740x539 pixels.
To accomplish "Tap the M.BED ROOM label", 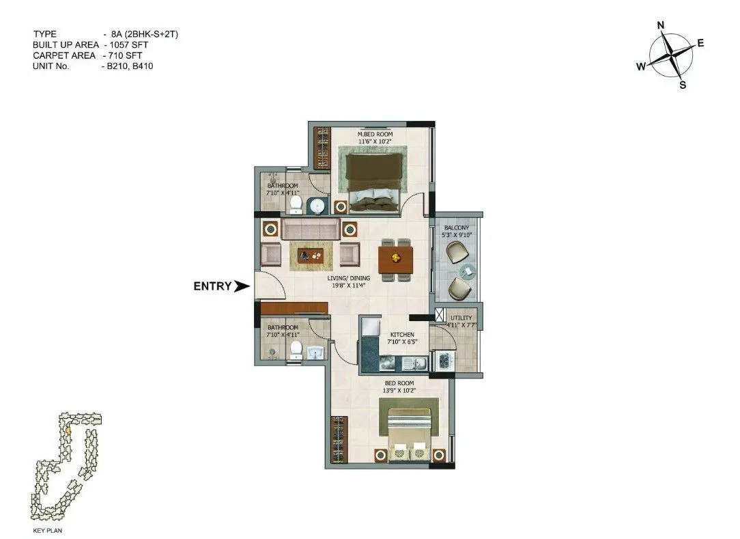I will (x=375, y=135).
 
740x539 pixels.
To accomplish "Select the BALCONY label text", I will (x=457, y=227).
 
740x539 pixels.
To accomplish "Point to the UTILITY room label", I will (x=461, y=318).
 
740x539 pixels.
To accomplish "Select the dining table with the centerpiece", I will (x=395, y=259).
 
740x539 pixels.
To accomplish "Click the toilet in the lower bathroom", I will (x=296, y=349).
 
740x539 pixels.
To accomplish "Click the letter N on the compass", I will (x=660, y=26).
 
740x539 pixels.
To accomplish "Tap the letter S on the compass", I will (x=682, y=85).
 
